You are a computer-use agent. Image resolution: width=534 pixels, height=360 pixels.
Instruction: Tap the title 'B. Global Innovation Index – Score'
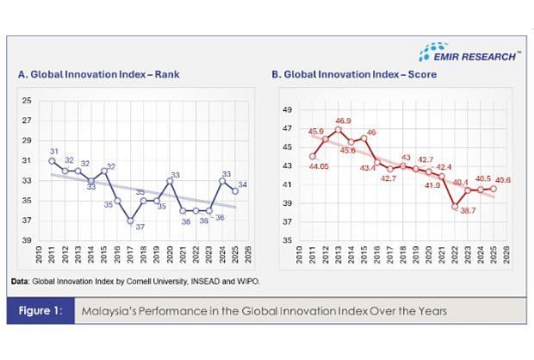354,75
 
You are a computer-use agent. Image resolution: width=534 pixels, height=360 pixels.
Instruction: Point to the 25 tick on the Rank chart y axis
26,101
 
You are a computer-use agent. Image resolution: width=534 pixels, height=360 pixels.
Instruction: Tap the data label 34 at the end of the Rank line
244,185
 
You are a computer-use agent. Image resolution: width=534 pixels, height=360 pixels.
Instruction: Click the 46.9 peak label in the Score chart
343,121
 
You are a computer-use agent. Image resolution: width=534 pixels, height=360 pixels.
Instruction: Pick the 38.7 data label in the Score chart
468,211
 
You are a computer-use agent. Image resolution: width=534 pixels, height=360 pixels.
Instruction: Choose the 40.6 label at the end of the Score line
504,179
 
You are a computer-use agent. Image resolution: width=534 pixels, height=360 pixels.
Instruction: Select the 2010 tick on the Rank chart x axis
40,256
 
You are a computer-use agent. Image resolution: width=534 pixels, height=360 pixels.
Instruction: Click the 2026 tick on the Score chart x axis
506,256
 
